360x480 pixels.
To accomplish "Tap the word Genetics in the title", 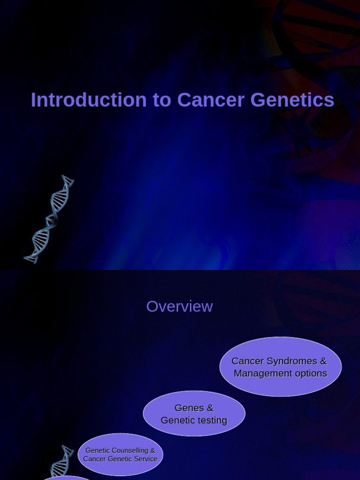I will (x=292, y=100).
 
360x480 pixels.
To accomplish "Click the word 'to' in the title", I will (x=162, y=100).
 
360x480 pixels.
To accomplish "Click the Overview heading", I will (x=180, y=307).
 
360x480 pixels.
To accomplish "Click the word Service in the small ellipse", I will (x=145, y=459).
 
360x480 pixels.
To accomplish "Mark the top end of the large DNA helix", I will (x=67, y=178).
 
